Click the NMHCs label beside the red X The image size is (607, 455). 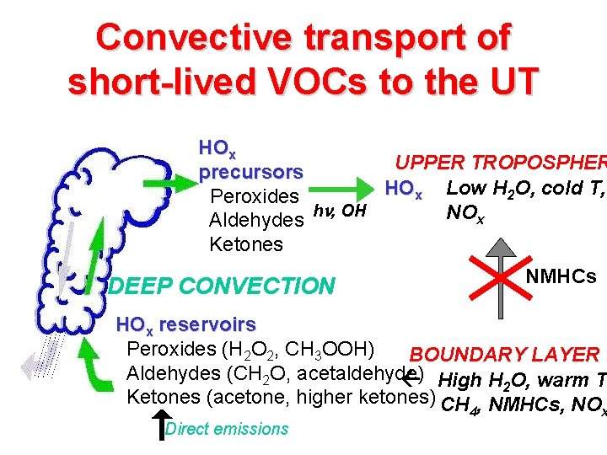(561, 276)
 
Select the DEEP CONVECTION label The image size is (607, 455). (222, 286)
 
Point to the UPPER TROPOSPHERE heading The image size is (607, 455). (501, 164)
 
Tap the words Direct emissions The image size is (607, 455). (227, 429)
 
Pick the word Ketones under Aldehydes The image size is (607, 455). (245, 244)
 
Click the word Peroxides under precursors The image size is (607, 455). (253, 197)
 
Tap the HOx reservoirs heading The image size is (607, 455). (185, 324)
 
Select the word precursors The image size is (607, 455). (250, 172)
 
